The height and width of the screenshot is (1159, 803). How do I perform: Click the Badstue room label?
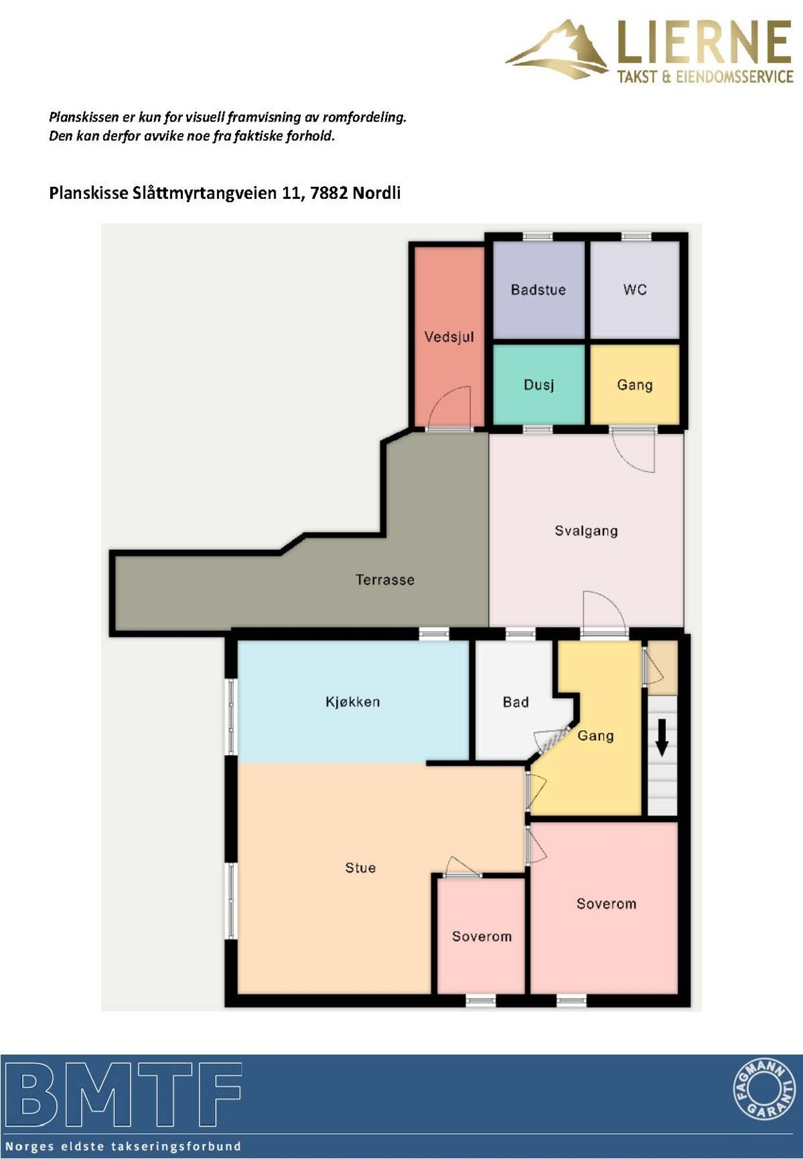coord(538,290)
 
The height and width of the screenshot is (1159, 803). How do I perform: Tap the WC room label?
coord(634,290)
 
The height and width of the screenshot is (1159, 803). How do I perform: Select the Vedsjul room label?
coord(449,337)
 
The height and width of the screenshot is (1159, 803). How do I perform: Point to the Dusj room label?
coord(538,385)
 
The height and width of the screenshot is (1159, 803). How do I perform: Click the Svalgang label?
coord(586,531)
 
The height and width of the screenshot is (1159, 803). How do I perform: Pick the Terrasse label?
coord(384,580)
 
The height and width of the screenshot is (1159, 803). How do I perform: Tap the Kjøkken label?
coord(352,702)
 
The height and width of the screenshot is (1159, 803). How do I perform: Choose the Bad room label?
coord(515,702)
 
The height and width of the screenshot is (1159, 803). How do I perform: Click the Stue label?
coord(360,868)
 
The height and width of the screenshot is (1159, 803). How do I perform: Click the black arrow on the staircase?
coord(662,737)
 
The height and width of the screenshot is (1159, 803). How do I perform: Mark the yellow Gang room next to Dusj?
coord(635,385)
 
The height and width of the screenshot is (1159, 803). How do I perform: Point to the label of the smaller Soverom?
coord(482,937)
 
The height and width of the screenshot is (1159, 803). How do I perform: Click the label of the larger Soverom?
coord(606,904)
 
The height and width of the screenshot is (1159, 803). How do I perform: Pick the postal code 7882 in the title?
coord(329,193)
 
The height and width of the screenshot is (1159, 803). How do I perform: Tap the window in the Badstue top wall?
coord(538,237)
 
